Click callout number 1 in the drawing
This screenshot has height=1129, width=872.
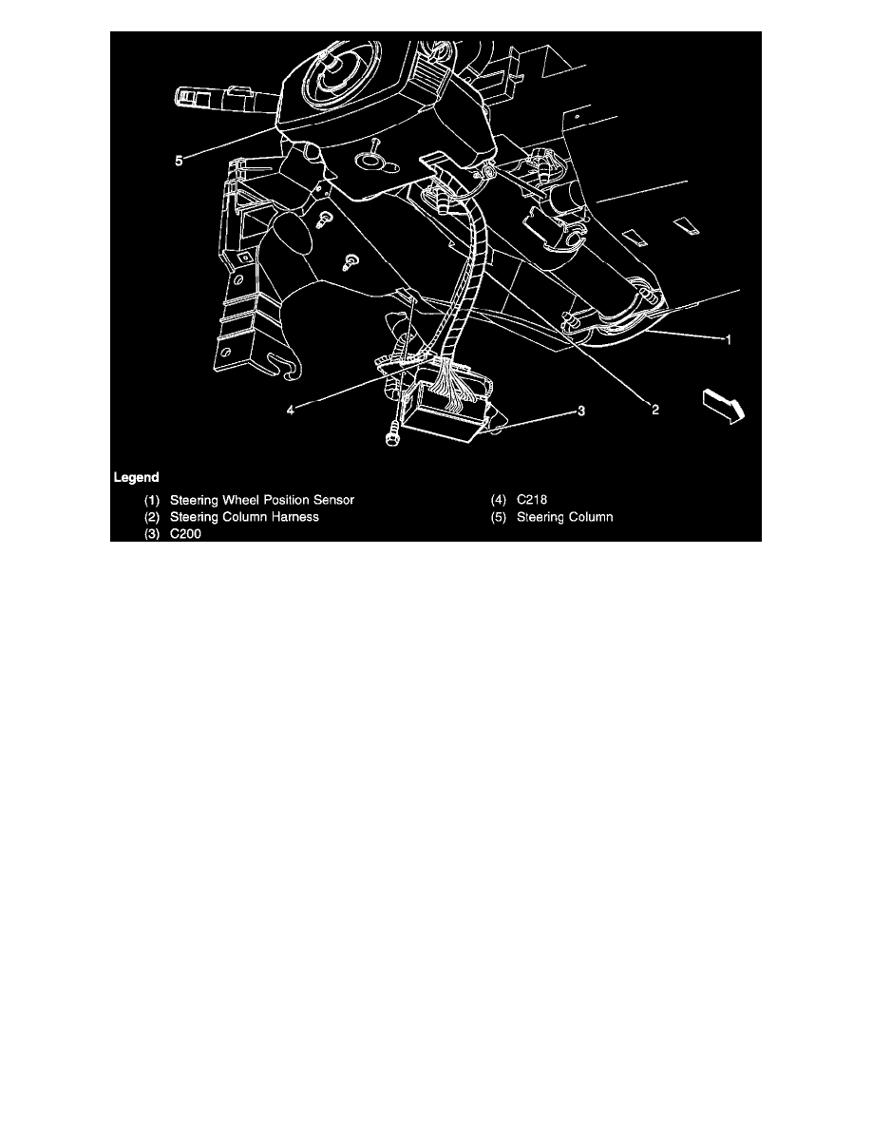(729, 339)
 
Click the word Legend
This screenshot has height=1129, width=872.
(136, 476)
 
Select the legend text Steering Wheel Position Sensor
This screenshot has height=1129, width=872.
(261, 500)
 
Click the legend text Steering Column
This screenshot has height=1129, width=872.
(565, 518)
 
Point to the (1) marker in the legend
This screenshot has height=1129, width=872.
(152, 500)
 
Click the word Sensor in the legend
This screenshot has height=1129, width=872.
(333, 500)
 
